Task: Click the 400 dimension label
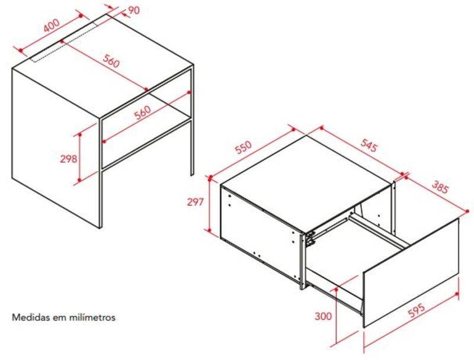pyautogui.click(x=52, y=25)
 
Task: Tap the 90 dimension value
pyautogui.click(x=134, y=10)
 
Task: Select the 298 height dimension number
pyautogui.click(x=69, y=159)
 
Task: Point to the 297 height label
pyautogui.click(x=196, y=202)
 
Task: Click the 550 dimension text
pyautogui.click(x=244, y=147)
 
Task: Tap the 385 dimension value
pyautogui.click(x=440, y=187)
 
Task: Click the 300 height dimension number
pyautogui.click(x=323, y=316)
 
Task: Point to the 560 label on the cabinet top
pyautogui.click(x=111, y=61)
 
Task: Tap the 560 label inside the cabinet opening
pyautogui.click(x=142, y=112)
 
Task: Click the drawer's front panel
pyautogui.click(x=411, y=272)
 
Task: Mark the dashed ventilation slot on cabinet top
pyautogui.click(x=65, y=41)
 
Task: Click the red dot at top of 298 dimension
pyautogui.click(x=80, y=134)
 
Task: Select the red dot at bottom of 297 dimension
pyautogui.click(x=209, y=230)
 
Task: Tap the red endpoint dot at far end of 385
pyautogui.click(x=467, y=211)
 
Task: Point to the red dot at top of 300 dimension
pyautogui.click(x=336, y=290)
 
